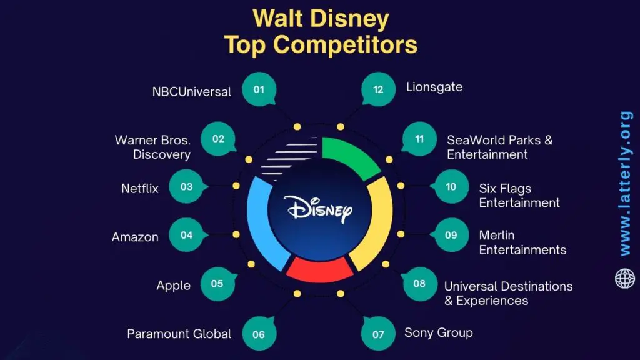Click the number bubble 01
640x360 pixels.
[x=259, y=89]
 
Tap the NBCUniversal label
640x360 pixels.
[x=191, y=92]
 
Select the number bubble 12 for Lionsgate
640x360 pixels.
[x=378, y=89]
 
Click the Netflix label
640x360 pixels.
[x=140, y=187]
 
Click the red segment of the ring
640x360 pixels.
[x=319, y=269]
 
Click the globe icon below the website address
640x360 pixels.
[x=624, y=278]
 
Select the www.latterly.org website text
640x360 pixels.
[x=625, y=183]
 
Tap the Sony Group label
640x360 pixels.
[x=438, y=332]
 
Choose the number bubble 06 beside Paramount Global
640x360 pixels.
[x=259, y=334]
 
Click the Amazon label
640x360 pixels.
[x=135, y=237]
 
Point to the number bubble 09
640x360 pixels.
[x=451, y=236]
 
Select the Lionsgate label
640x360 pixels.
[x=434, y=87]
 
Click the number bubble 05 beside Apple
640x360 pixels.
[x=217, y=284]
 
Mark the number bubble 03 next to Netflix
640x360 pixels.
[x=186, y=187]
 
